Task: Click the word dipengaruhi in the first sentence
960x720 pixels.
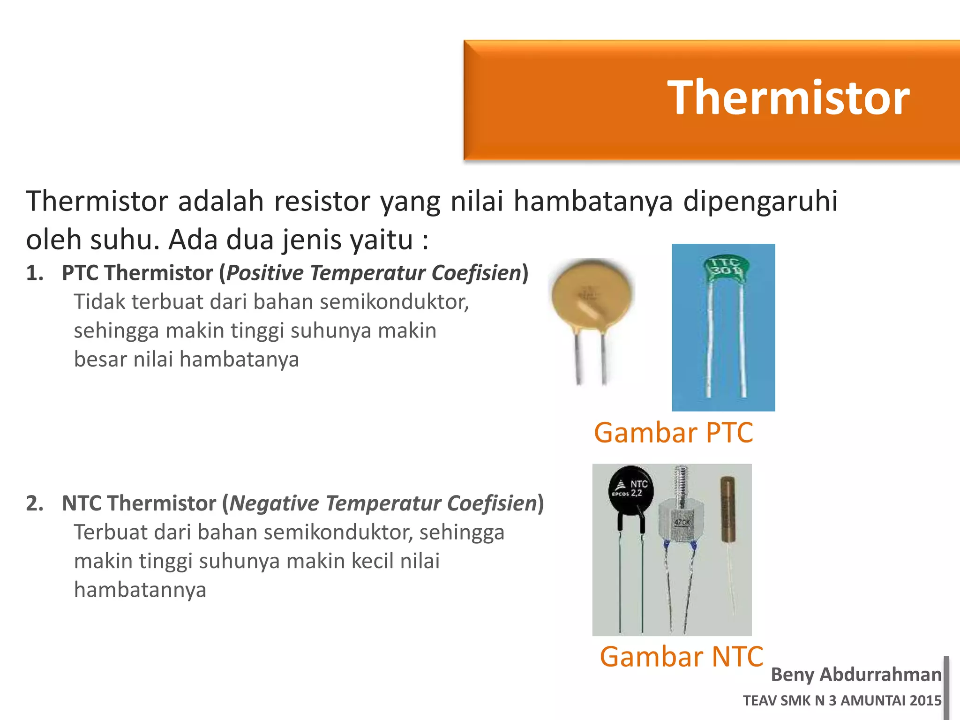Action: coord(760,201)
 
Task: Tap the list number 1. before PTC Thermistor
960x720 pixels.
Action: coord(35,273)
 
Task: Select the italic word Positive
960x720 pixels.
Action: coord(265,273)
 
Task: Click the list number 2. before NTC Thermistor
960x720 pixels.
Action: coord(35,503)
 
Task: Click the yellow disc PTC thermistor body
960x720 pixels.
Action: coord(592,294)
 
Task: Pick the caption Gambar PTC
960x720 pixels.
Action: coord(673,432)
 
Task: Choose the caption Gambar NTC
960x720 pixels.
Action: coord(681,656)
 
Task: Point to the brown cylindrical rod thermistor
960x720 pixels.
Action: coord(727,509)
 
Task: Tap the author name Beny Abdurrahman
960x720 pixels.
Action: coord(856,675)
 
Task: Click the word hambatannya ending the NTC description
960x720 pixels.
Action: coord(140,590)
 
